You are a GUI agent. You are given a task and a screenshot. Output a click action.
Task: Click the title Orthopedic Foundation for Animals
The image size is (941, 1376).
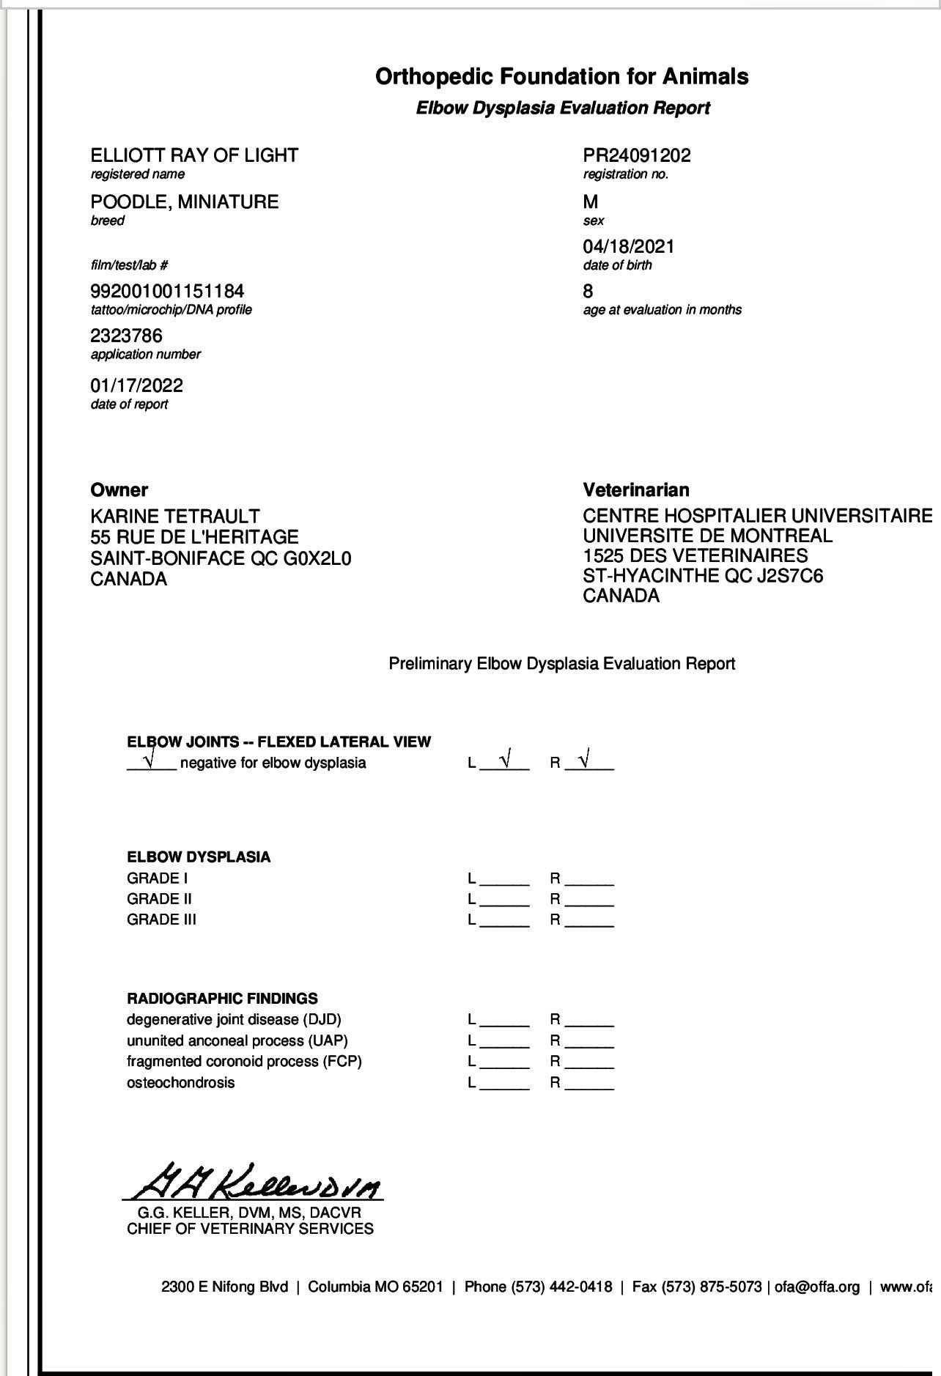click(x=561, y=76)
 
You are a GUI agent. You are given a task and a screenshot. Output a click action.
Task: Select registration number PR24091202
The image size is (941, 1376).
click(x=636, y=155)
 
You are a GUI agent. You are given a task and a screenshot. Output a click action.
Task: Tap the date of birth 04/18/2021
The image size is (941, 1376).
click(x=628, y=246)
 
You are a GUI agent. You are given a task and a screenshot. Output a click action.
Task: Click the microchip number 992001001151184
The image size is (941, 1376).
click(x=167, y=291)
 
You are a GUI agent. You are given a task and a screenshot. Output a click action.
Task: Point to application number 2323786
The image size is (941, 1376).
click(x=126, y=336)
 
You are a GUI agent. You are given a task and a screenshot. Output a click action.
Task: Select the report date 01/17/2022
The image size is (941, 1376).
click(x=136, y=385)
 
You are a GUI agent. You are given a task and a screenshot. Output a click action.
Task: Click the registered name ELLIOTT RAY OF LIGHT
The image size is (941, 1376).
click(x=194, y=155)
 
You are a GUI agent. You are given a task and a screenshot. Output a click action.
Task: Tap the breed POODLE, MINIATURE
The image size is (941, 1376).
click(x=184, y=201)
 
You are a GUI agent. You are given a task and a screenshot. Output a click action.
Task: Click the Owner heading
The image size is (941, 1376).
click(x=119, y=489)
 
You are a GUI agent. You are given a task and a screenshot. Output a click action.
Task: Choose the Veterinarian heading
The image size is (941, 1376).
click(x=635, y=489)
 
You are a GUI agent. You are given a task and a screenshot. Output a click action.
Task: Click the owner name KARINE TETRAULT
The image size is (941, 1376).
click(x=174, y=516)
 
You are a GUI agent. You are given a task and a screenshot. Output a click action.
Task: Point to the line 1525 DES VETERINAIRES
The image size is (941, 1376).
click(x=695, y=555)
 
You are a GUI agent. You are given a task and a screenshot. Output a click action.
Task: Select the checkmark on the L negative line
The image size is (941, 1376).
click(x=506, y=760)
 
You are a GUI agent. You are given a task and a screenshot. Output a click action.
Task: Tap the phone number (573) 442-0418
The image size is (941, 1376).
click(x=561, y=1287)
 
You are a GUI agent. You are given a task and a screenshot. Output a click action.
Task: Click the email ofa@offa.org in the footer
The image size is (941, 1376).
click(x=816, y=1287)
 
